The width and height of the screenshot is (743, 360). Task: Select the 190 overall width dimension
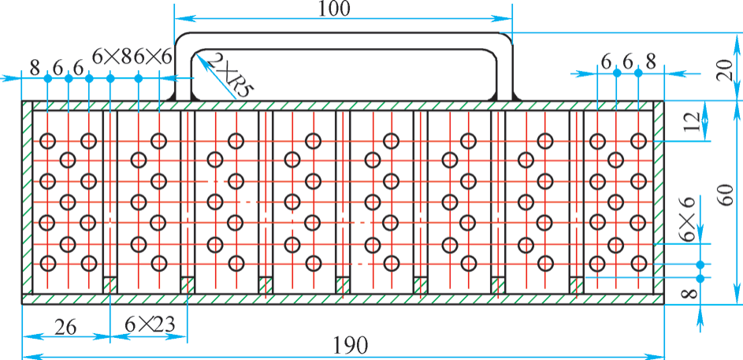pyautogui.click(x=351, y=345)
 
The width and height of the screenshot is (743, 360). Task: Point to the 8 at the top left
pyautogui.click(x=35, y=68)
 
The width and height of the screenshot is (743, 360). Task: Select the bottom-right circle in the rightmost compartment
pyautogui.click(x=637, y=263)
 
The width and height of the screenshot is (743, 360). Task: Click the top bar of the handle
pyautogui.click(x=344, y=35)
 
